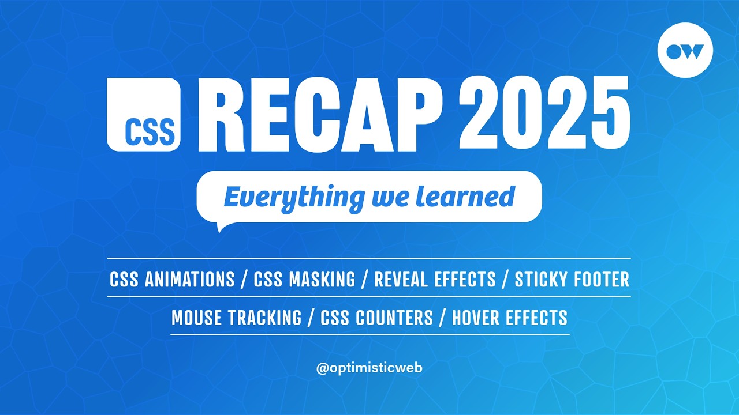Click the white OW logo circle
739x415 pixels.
click(685, 50)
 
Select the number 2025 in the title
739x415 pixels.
click(543, 114)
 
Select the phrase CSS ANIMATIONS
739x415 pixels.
click(172, 280)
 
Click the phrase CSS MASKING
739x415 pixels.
click(304, 280)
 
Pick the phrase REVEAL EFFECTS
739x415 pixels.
click(435, 280)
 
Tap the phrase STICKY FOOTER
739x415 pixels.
click(572, 280)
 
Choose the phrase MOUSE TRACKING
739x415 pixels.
click(236, 318)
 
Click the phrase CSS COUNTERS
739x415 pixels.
click(376, 318)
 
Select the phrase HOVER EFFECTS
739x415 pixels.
click(509, 318)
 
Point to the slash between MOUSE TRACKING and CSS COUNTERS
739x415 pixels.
click(311, 318)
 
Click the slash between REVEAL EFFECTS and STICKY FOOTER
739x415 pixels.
click(505, 280)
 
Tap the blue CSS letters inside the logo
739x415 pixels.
click(150, 132)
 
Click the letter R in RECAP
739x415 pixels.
click(222, 114)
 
